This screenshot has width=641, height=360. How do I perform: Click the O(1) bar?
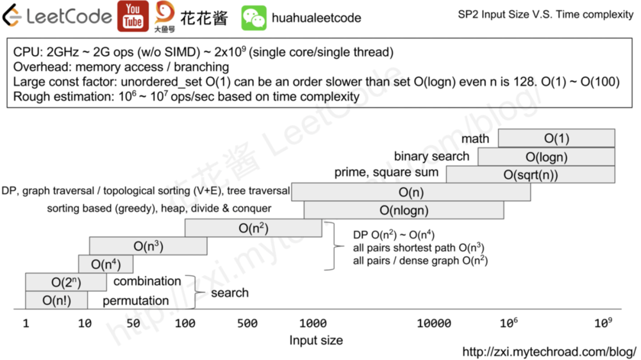(556, 138)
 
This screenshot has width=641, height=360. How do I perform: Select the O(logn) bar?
(546, 157)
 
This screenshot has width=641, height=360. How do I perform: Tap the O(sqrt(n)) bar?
(530, 174)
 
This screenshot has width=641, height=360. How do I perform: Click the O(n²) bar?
(253, 228)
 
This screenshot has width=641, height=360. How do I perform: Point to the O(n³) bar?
(148, 246)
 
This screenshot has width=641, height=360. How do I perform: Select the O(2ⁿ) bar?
(66, 282)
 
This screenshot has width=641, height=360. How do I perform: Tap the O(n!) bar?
(57, 300)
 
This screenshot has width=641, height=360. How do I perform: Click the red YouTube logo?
(133, 17)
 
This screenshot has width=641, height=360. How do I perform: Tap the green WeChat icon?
(254, 18)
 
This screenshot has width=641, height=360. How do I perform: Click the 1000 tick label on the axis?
(313, 323)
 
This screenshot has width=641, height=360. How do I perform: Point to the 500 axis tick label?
(247, 323)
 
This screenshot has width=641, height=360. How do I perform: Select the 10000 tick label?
(435, 323)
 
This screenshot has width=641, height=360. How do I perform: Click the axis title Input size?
(316, 340)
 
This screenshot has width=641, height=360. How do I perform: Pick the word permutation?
(136, 300)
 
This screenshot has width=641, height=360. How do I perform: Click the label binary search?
(432, 157)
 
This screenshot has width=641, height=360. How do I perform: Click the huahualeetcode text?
(317, 18)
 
